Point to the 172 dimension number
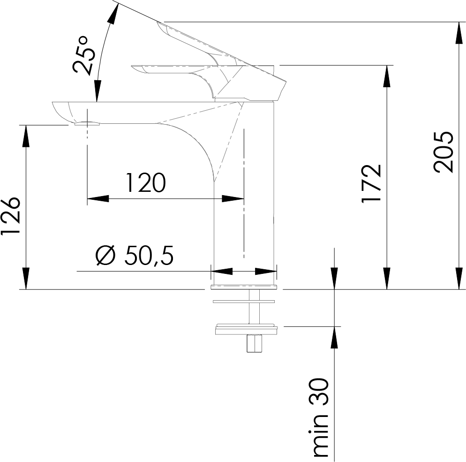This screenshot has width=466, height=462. tap(371, 183)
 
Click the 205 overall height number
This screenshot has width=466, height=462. tap(443, 151)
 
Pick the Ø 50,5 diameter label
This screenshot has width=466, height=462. tap(135, 255)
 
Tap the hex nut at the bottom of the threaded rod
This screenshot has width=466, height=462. tap(254, 343)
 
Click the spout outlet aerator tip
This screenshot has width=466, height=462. tap(87, 124)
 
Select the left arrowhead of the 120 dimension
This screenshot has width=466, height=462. tap(98, 198)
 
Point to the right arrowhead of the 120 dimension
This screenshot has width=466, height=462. tap(233, 198)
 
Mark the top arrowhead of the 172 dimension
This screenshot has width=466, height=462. tap(386, 76)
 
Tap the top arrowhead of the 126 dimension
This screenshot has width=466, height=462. tap(26, 136)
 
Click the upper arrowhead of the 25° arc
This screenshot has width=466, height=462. tap(113, 15)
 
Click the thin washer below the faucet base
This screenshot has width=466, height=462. tap(244, 302)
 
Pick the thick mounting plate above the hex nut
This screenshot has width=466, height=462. tap(246, 329)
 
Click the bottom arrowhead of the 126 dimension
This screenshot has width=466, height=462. tap(26, 278)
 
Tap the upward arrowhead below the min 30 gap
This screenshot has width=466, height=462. tap(334, 337)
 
